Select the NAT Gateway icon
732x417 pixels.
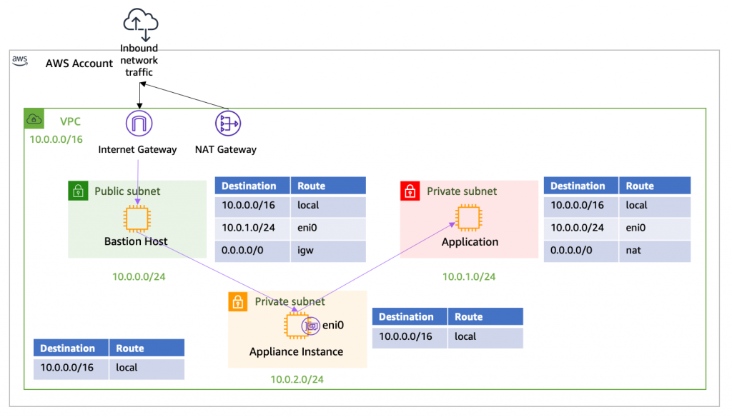click(227, 123)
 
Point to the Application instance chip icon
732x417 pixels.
click(468, 217)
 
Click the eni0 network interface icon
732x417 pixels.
click(311, 326)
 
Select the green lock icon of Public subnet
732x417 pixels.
click(77, 191)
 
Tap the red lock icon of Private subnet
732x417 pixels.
click(410, 191)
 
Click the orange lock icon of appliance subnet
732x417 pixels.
click(237, 301)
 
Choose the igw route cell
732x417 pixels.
click(328, 251)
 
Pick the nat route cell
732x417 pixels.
click(655, 251)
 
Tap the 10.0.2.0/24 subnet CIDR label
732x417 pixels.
click(297, 379)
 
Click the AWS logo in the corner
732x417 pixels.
click(20, 60)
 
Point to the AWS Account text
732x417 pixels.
click(79, 64)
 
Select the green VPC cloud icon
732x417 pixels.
click(33, 119)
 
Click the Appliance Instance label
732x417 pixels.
click(296, 351)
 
